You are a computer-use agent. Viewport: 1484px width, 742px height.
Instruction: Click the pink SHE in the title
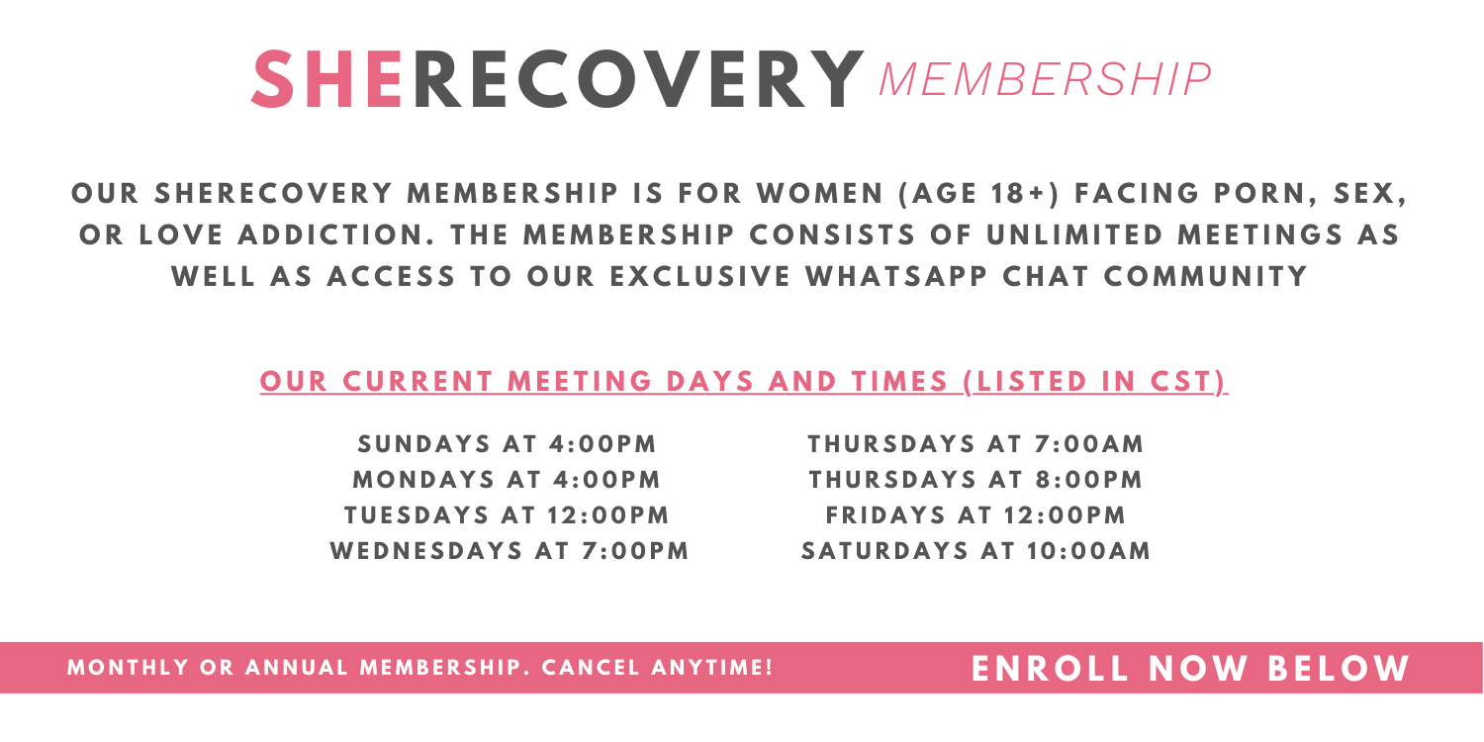pos(327,79)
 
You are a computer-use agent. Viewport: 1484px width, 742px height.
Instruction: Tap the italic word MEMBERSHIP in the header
pos(1046,80)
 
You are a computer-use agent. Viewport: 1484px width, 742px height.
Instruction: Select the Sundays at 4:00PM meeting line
pos(507,444)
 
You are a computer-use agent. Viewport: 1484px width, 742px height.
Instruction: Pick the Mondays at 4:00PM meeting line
pos(507,480)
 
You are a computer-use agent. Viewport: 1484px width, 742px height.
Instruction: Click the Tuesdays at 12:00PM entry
pos(507,515)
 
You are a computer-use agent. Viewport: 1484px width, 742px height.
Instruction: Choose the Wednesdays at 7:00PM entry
pos(510,551)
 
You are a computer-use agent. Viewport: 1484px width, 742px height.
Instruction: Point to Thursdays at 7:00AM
pos(975,444)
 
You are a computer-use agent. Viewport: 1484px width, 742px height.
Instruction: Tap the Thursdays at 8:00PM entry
pos(975,480)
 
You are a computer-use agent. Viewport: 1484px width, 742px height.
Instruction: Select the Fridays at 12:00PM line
pos(975,515)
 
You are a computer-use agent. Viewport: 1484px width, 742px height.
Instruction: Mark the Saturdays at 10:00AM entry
pos(975,551)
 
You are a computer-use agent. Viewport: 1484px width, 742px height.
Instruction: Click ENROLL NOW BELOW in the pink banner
pos(1190,669)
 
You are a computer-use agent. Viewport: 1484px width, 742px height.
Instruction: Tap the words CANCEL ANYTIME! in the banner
pos(657,668)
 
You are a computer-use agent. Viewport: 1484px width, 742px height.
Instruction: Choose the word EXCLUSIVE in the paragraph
pos(700,277)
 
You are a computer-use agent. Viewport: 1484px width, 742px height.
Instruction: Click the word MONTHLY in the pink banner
pos(128,668)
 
